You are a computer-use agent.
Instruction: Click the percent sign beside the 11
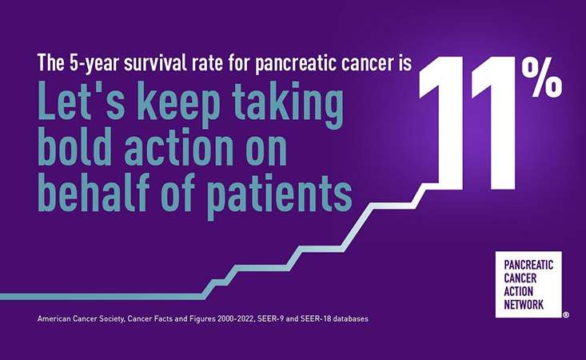(542, 78)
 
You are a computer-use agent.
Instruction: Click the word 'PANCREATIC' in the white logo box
(528, 265)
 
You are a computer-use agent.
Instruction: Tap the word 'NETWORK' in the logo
(524, 304)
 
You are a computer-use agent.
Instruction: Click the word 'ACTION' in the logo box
(518, 291)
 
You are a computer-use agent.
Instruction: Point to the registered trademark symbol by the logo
(566, 314)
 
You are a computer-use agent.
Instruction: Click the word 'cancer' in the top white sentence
(364, 64)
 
